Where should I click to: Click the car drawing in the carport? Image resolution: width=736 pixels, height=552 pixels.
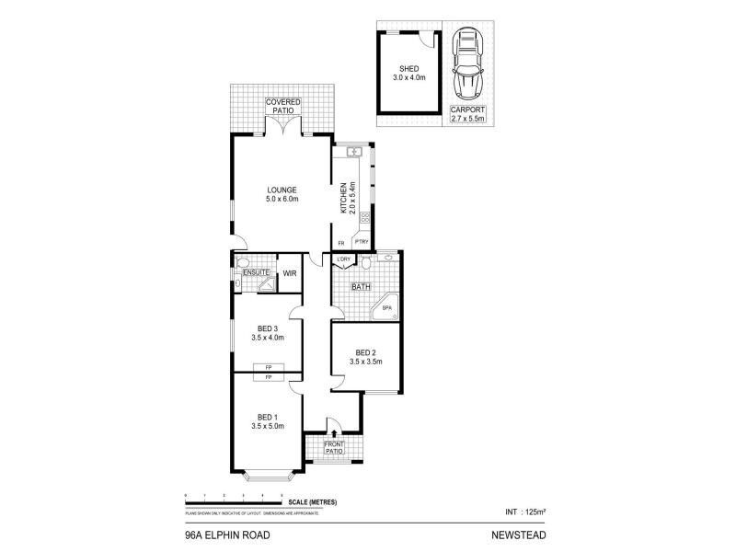click(467, 64)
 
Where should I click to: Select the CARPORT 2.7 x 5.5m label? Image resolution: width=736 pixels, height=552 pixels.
click(467, 114)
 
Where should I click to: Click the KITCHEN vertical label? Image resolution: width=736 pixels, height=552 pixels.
click(346, 199)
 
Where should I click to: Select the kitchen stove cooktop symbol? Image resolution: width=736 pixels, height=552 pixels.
click(365, 219)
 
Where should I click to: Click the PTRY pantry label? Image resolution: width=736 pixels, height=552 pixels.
click(361, 243)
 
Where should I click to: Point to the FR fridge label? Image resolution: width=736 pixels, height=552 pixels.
click(340, 243)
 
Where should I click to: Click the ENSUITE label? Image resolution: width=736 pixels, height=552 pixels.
click(256, 272)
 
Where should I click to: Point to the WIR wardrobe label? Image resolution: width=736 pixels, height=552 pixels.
click(289, 273)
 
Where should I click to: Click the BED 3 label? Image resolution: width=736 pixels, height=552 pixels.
click(268, 333)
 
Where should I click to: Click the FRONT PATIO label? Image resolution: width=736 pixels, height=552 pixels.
click(333, 450)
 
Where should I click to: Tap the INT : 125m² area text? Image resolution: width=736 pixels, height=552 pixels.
click(525, 510)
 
